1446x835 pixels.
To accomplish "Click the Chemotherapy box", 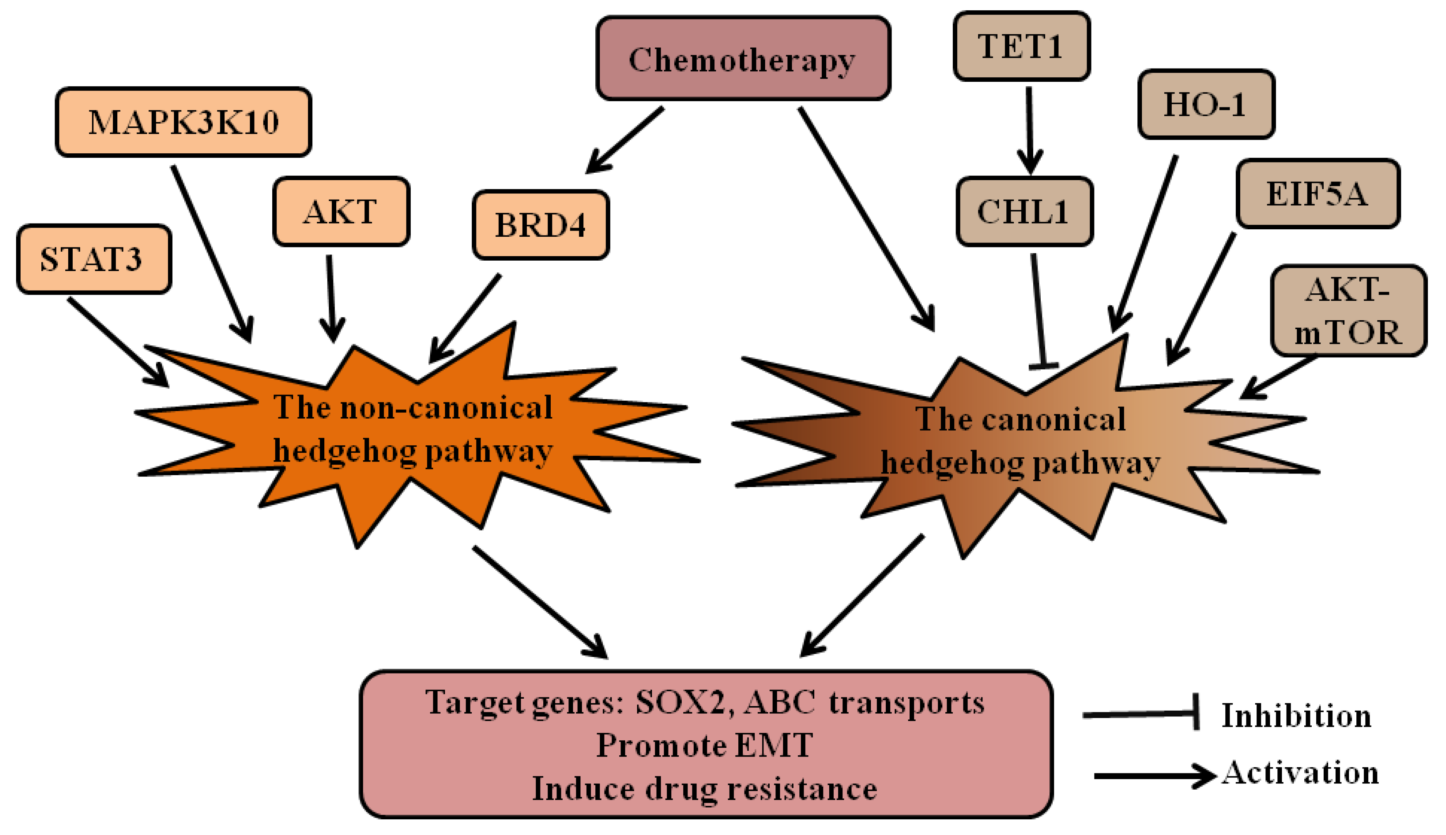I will pos(742,59).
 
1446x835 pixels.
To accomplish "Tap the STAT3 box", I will pos(93,259).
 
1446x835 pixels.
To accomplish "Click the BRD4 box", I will pos(540,224).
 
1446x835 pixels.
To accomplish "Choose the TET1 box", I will pos(1020,46).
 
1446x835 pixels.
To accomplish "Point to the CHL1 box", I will pos(1024,211).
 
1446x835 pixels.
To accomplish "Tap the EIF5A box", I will pos(1318,193).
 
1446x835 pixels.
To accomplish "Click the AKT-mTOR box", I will pos(1347,310).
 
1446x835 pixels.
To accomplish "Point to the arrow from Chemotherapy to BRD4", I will pos(625,139).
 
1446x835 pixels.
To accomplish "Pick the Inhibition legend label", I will pos(1296,715).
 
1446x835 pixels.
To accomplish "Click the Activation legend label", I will pos(1301,773).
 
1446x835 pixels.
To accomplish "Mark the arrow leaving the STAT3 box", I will pos(117,341).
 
